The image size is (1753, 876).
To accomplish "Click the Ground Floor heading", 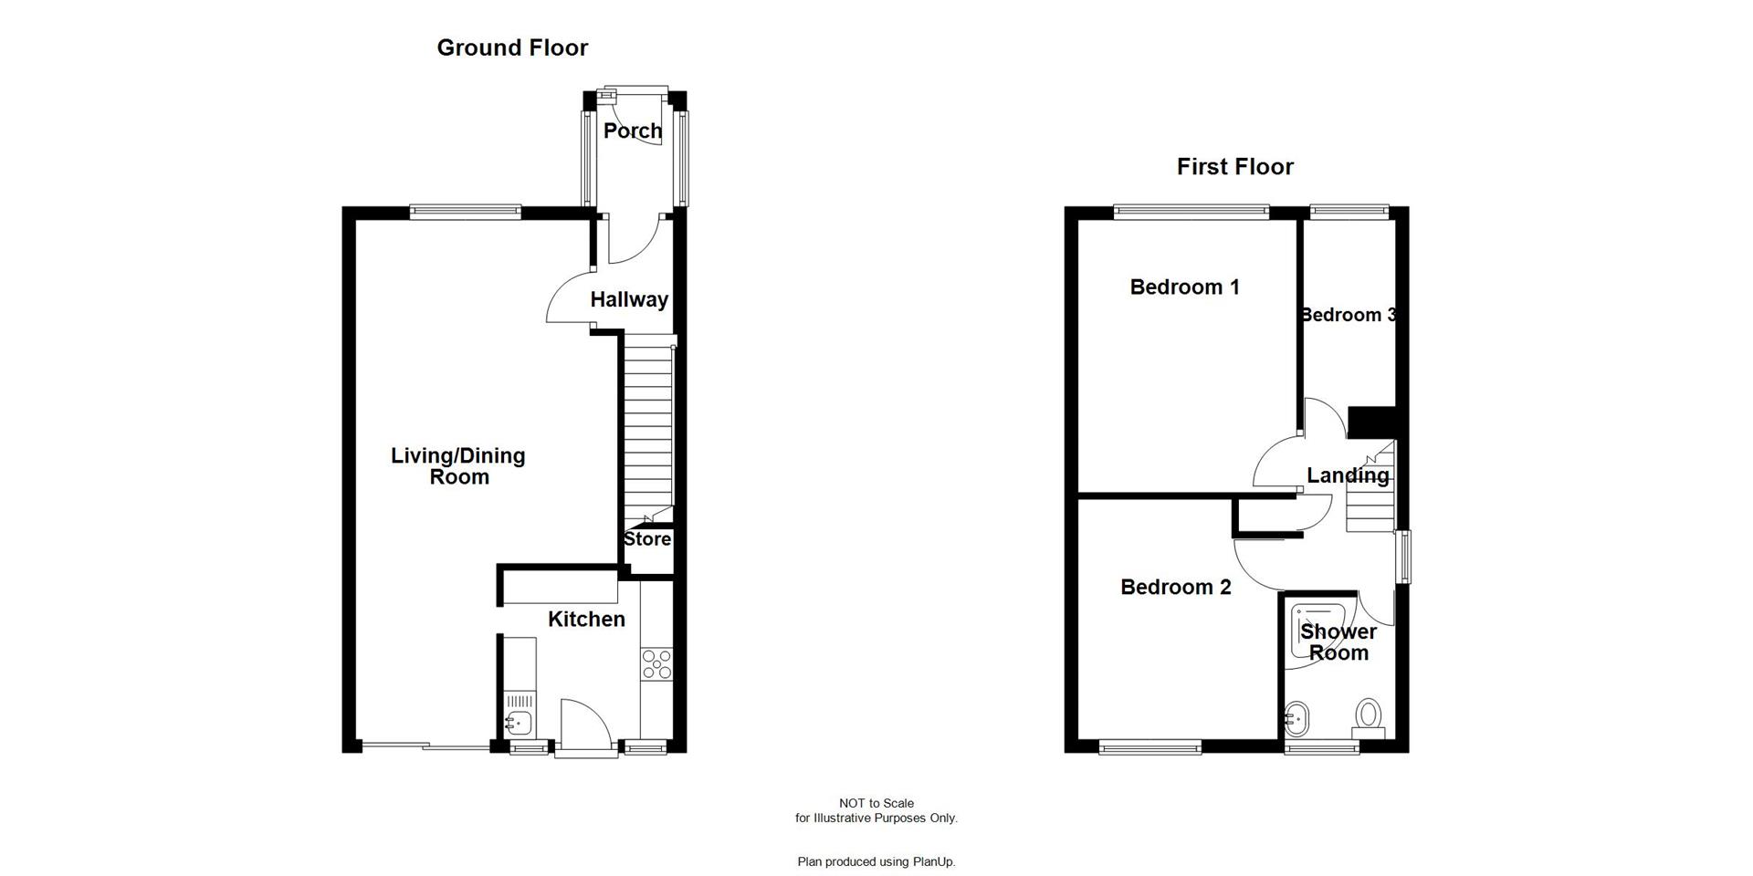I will click(x=512, y=47).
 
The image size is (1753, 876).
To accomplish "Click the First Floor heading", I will click(x=1234, y=167).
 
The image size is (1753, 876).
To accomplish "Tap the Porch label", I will click(x=633, y=131).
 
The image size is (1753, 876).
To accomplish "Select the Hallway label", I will click(x=629, y=299).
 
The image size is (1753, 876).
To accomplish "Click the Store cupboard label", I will click(x=647, y=539).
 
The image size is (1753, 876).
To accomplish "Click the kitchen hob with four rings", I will click(x=656, y=664).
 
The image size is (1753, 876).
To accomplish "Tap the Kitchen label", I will click(x=586, y=620).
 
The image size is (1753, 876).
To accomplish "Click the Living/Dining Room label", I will click(x=458, y=465).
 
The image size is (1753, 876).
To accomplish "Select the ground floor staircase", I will click(x=648, y=424).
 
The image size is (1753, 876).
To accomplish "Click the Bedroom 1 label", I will click(x=1184, y=287).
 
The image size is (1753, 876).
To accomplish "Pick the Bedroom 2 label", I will click(x=1175, y=588).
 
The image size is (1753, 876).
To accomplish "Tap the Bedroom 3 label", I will click(x=1348, y=315).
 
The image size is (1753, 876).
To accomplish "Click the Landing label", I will click(x=1348, y=475).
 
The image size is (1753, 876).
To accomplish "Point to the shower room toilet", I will click(x=1369, y=715).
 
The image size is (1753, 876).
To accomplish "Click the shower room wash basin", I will click(x=1296, y=720).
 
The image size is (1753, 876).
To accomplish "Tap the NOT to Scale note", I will click(x=876, y=804).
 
